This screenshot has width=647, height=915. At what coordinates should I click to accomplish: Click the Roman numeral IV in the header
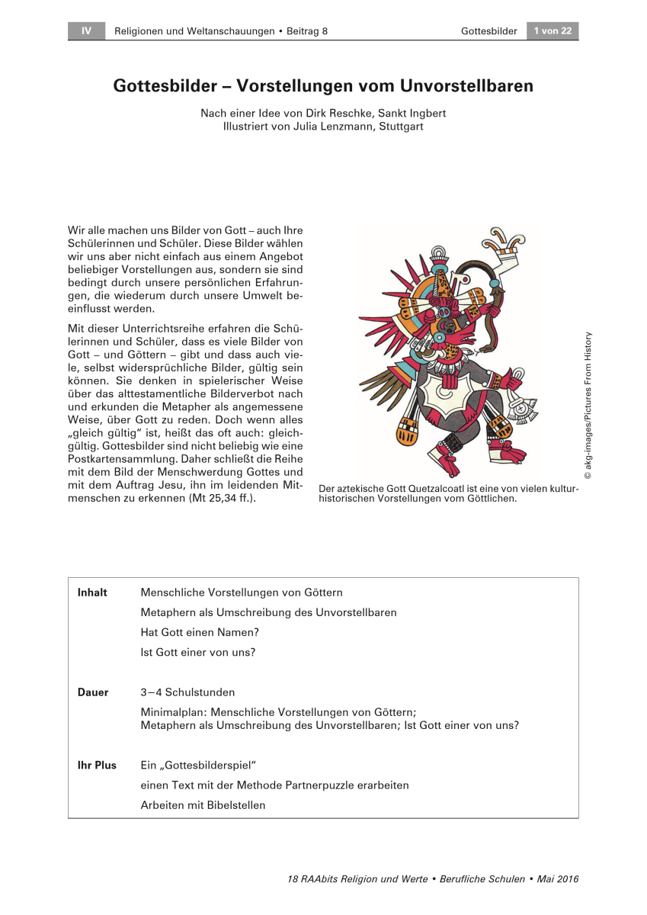(86, 31)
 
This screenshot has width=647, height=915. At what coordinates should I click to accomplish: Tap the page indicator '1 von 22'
(553, 31)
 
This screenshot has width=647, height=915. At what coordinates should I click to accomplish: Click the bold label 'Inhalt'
(92, 592)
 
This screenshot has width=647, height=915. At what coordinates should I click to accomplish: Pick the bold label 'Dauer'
(93, 692)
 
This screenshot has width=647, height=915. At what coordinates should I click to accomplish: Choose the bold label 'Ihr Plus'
(97, 765)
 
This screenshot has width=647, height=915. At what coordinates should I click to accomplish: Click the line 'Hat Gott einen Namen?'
(200, 632)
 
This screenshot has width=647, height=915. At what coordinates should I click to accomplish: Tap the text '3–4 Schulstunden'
(187, 692)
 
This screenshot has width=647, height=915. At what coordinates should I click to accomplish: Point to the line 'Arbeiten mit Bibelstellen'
(203, 805)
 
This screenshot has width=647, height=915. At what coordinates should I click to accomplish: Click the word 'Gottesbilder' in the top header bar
(489, 31)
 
